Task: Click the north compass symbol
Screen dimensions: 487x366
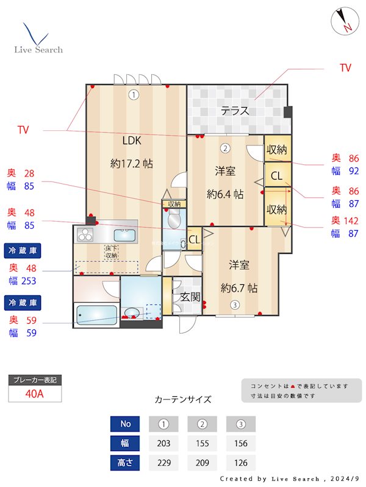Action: tap(343, 22)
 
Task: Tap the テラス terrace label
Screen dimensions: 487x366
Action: tap(235, 111)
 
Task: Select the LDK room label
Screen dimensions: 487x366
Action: tap(132, 141)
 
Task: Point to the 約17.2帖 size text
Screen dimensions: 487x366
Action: tap(132, 163)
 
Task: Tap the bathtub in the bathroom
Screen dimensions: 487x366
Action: tap(96, 315)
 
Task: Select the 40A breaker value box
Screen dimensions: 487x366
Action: tap(35, 394)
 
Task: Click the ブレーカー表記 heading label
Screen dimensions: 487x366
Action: tap(35, 380)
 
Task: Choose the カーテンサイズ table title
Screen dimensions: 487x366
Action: tap(183, 399)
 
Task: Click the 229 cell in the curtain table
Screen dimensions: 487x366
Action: tap(163, 463)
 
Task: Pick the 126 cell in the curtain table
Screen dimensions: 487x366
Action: tap(240, 463)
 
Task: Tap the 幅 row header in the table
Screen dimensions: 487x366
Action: tap(125, 443)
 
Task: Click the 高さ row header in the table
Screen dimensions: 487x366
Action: tap(125, 463)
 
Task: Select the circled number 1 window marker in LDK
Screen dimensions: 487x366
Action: tap(134, 94)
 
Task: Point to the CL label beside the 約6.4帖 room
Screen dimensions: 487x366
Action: tap(276, 177)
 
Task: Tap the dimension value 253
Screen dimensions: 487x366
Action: tap(29, 281)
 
